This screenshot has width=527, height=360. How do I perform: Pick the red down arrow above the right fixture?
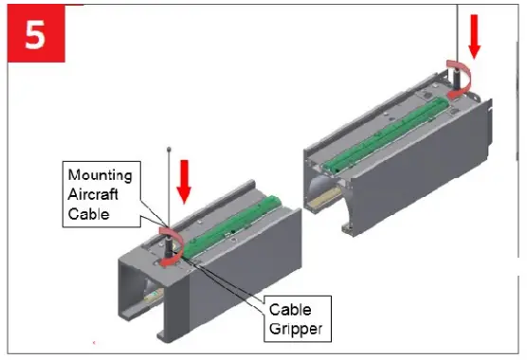476,34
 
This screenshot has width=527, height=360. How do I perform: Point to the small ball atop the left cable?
169,149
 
